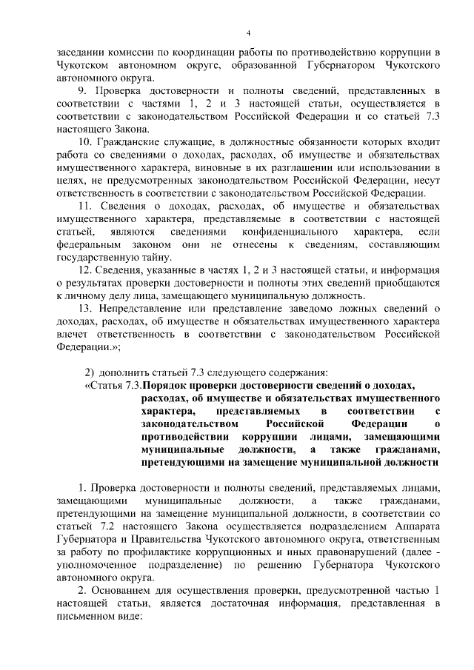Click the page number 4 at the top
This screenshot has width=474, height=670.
pyautogui.click(x=248, y=33)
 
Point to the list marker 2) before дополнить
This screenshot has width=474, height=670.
pyautogui.click(x=88, y=372)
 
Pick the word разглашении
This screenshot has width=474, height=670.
pyautogui.click(x=288, y=167)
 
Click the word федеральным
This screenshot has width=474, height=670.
pyautogui.click(x=89, y=244)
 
